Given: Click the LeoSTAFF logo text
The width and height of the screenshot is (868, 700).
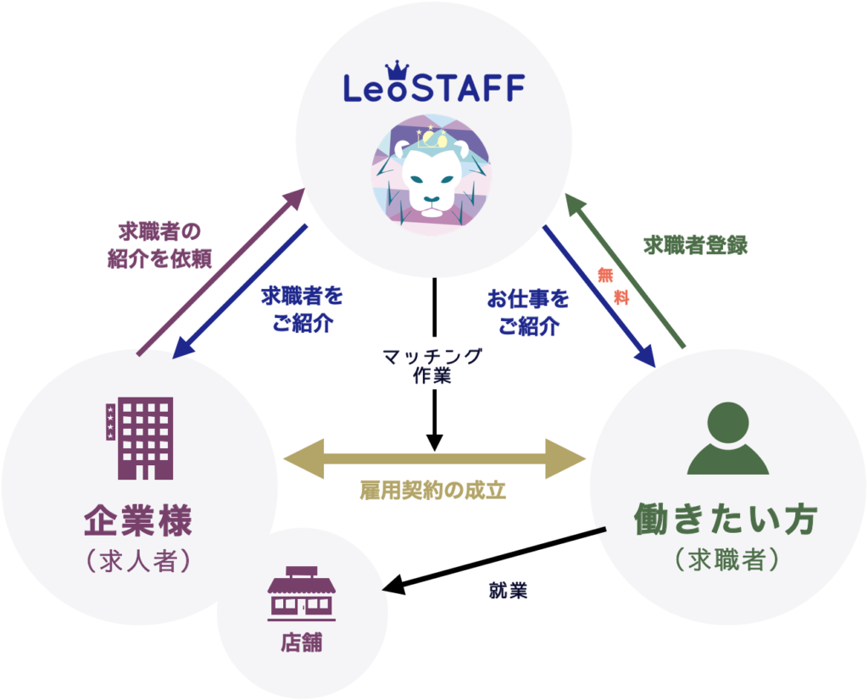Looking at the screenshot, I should coord(434,87).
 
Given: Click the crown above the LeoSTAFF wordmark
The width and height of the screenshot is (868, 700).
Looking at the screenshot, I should coord(398,68).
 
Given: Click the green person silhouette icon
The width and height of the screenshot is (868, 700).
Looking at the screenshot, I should coord(727,438).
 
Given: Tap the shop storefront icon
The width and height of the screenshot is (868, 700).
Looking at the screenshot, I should coord(302,592).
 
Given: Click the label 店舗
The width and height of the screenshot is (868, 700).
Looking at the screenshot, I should coord(302,642).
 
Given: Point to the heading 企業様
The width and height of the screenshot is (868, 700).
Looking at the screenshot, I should coord(138,519).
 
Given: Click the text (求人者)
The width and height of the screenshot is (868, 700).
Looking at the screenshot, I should coord(138,561).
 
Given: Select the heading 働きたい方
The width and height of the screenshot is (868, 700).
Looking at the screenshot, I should coord(727,520).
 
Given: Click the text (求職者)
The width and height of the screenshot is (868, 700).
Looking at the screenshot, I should coord(727,561).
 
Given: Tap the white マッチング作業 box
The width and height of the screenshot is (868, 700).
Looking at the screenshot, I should coord(433,365).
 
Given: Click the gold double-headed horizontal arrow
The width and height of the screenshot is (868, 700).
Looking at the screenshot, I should coord(434,458).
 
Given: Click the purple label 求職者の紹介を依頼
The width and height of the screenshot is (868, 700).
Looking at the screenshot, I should coord(159,245).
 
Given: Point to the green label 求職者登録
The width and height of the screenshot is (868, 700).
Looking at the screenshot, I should coord(695,244).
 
